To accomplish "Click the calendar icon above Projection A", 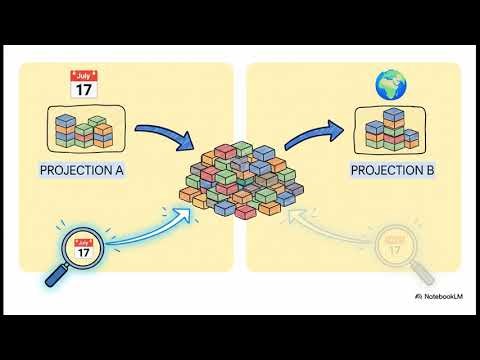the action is click(83, 84).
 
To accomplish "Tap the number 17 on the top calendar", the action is click(83, 89).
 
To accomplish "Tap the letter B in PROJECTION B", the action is click(430, 170).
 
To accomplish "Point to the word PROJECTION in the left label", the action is click(74, 170).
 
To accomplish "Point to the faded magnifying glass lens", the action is click(395, 245).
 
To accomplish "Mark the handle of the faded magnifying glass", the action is click(424, 272).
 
